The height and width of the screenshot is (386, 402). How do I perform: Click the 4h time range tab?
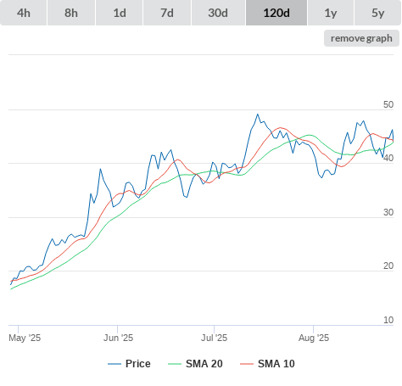24,13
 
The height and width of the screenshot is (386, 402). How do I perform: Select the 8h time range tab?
71,13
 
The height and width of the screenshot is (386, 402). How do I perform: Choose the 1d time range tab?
120,13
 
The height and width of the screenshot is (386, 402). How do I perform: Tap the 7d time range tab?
167,13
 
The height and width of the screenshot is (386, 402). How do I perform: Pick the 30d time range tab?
218,13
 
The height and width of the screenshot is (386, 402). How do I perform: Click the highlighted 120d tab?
276,13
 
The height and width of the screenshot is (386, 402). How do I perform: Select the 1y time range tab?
331,13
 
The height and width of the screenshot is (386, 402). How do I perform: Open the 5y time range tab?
378,13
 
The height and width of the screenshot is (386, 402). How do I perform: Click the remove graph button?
361,38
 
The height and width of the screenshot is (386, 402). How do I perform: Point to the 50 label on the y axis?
388,104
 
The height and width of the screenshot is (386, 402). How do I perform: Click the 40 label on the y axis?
388,159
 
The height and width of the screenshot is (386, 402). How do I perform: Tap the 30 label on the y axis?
388,212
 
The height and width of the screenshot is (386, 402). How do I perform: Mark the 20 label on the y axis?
388,266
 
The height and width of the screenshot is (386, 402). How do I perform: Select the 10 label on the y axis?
388,320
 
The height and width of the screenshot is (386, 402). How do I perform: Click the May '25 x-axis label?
25,338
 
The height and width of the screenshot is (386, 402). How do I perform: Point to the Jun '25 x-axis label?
118,338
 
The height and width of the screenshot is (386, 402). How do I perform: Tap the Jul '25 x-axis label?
214,338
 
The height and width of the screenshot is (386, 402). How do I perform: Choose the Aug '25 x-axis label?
314,338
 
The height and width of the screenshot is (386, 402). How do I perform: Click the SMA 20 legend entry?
195,364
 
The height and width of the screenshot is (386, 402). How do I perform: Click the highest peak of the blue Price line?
258,115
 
